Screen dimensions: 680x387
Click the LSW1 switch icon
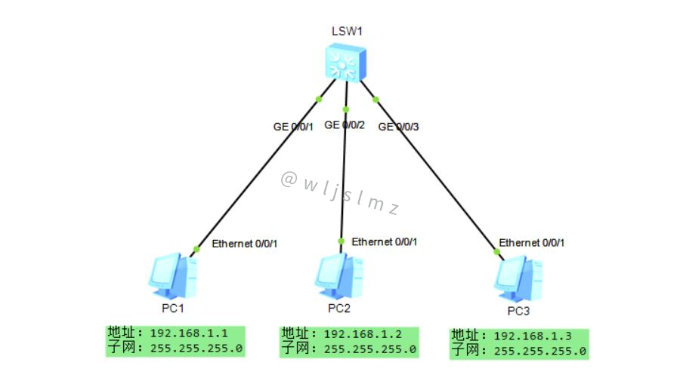point(345,63)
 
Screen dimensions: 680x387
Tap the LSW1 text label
point(347,31)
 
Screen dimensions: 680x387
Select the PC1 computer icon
point(173,276)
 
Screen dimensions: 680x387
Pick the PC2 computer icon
point(338,276)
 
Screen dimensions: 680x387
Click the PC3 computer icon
point(518,278)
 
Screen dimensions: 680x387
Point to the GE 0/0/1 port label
point(293,127)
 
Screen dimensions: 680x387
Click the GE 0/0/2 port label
point(345,125)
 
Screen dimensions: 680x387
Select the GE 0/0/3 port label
point(398,127)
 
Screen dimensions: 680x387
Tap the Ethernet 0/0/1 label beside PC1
point(245,244)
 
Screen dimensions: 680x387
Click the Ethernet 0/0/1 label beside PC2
point(385,241)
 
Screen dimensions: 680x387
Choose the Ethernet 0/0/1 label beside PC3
point(532,243)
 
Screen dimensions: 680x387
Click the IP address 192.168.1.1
point(189,333)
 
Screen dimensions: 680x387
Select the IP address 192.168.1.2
point(363,334)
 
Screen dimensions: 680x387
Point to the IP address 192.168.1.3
point(533,336)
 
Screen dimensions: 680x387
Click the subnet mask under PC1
point(196,349)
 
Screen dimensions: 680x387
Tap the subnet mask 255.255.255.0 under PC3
point(540,351)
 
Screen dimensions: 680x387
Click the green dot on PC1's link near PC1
point(196,249)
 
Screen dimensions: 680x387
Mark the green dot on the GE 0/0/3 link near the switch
point(376,100)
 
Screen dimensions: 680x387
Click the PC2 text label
point(339,309)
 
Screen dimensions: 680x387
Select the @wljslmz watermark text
point(340,193)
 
